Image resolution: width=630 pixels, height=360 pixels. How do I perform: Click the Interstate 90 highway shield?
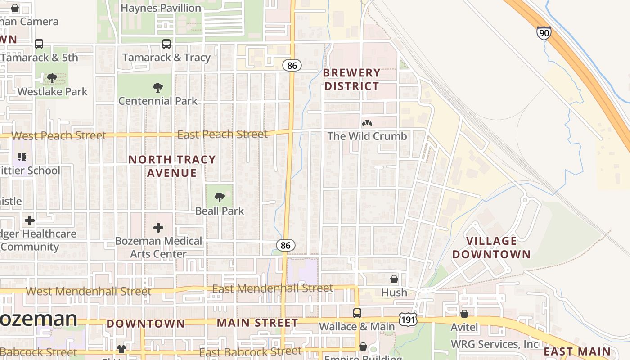point(544,33)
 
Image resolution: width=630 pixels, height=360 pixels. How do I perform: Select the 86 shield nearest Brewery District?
point(292,65)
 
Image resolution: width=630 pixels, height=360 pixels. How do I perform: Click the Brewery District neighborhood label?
point(352,79)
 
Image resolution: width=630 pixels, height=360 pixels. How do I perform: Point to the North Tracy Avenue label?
point(172,166)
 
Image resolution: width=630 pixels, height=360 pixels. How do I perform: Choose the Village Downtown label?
point(491,247)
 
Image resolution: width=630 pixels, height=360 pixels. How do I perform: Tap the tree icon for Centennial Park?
point(157,87)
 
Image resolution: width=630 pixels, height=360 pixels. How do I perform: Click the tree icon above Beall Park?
point(219,197)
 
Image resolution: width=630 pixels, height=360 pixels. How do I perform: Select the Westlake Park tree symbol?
point(52,78)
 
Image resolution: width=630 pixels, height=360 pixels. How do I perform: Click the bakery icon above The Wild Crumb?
point(367,123)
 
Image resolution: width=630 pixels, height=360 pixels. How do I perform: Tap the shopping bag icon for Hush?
point(394,279)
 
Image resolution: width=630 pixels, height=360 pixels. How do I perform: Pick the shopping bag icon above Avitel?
point(464,313)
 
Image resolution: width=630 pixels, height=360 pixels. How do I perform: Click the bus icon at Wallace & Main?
point(357,313)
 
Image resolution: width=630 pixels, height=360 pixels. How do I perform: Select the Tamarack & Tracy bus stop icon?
point(166,44)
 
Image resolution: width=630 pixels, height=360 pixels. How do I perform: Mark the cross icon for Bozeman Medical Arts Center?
point(158,228)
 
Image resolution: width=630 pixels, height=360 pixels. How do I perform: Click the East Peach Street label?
point(222,134)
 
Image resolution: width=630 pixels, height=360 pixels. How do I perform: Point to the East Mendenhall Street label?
point(273,288)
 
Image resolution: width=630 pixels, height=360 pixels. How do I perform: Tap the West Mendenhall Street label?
point(88,291)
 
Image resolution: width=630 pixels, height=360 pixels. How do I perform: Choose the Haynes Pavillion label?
point(161,8)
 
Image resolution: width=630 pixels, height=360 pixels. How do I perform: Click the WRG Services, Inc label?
point(495,344)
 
